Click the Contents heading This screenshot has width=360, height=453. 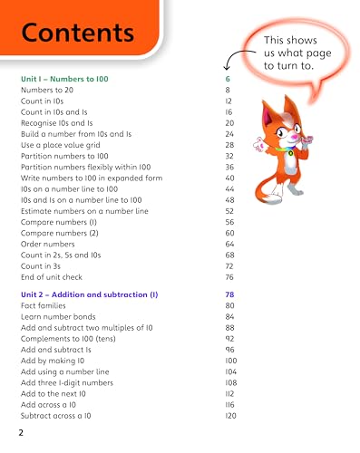(x=78, y=34)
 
